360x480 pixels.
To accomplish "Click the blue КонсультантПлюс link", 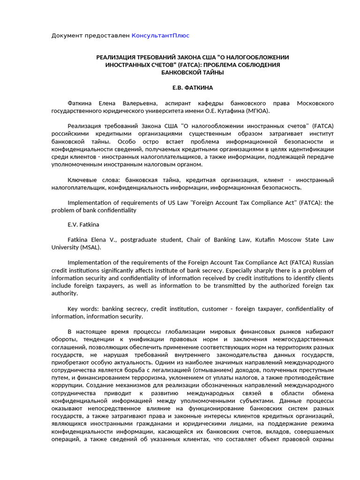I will pos(160,36).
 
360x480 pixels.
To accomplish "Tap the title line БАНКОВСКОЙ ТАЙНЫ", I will pos(193,73).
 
